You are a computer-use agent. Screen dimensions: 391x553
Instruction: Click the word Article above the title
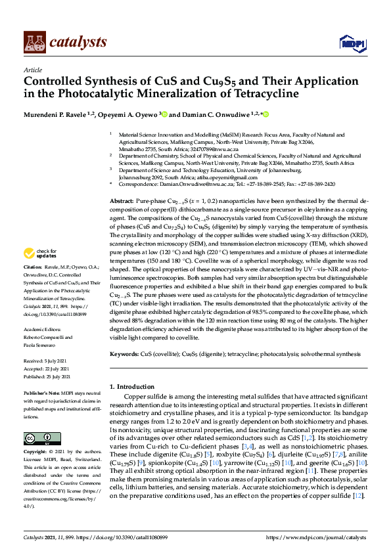click(x=33, y=70)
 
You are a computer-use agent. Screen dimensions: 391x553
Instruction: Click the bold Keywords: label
click(x=124, y=354)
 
